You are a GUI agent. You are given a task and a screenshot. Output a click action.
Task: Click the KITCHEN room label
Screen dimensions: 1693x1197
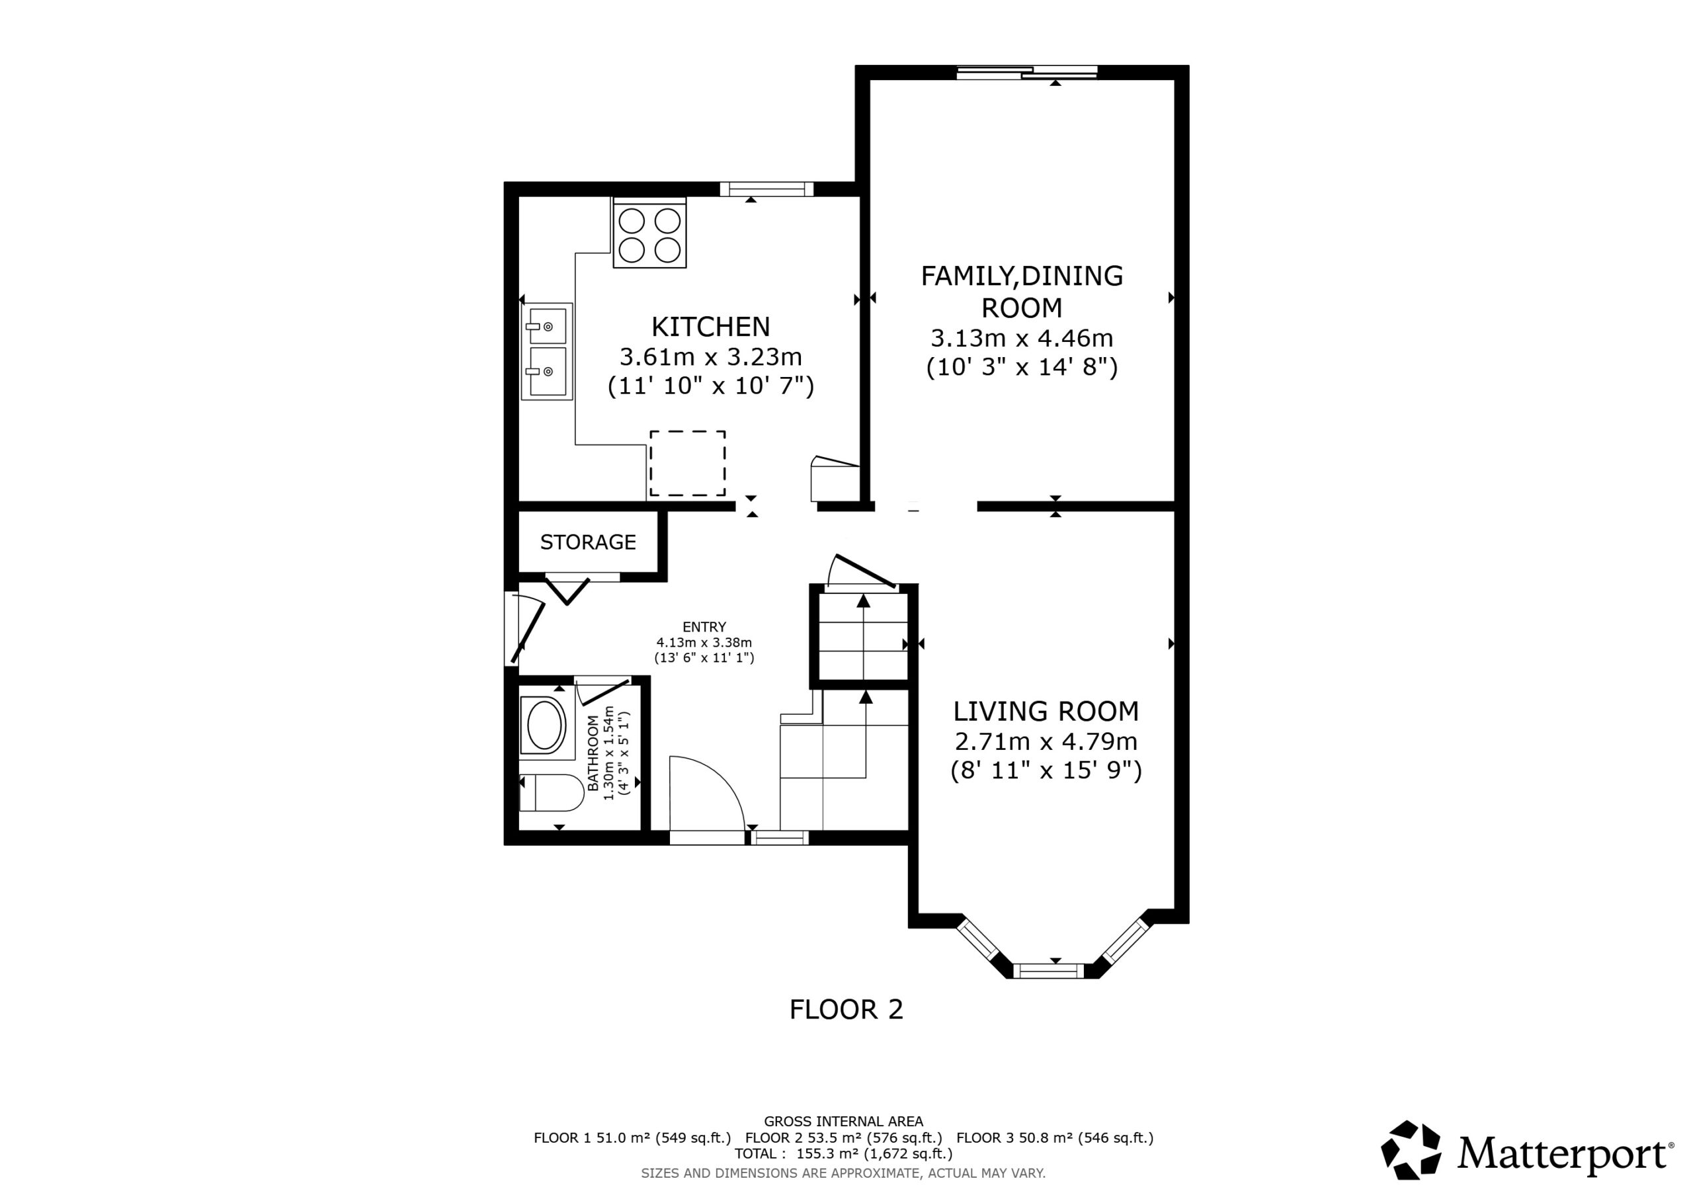click(710, 326)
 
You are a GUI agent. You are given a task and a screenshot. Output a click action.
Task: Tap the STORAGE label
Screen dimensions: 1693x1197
click(588, 542)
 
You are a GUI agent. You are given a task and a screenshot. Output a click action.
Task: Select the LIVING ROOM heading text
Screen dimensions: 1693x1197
click(1046, 711)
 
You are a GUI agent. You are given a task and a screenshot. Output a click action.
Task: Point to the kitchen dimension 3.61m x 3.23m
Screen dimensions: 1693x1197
click(710, 357)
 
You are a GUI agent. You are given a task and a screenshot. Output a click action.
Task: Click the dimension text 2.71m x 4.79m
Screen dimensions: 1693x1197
click(1046, 741)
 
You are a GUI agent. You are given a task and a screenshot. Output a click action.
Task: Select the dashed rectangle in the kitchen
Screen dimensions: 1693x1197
click(687, 463)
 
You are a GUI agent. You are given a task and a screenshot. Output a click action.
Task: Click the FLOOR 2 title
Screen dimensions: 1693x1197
click(846, 1010)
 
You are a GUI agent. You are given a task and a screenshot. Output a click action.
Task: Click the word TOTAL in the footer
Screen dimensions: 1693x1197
click(755, 1153)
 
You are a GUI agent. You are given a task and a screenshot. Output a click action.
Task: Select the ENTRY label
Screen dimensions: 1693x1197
click(704, 627)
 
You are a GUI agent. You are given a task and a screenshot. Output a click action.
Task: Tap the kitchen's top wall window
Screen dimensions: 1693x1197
click(767, 188)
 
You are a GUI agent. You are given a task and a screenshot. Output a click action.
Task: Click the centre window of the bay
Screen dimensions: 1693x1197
click(1050, 971)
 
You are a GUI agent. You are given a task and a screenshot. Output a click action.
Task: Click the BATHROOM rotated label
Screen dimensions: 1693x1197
click(593, 753)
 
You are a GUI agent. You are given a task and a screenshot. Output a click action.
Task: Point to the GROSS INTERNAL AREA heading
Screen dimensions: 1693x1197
click(844, 1122)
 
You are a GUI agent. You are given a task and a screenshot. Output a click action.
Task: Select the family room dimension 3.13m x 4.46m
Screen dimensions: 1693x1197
click(1022, 338)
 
